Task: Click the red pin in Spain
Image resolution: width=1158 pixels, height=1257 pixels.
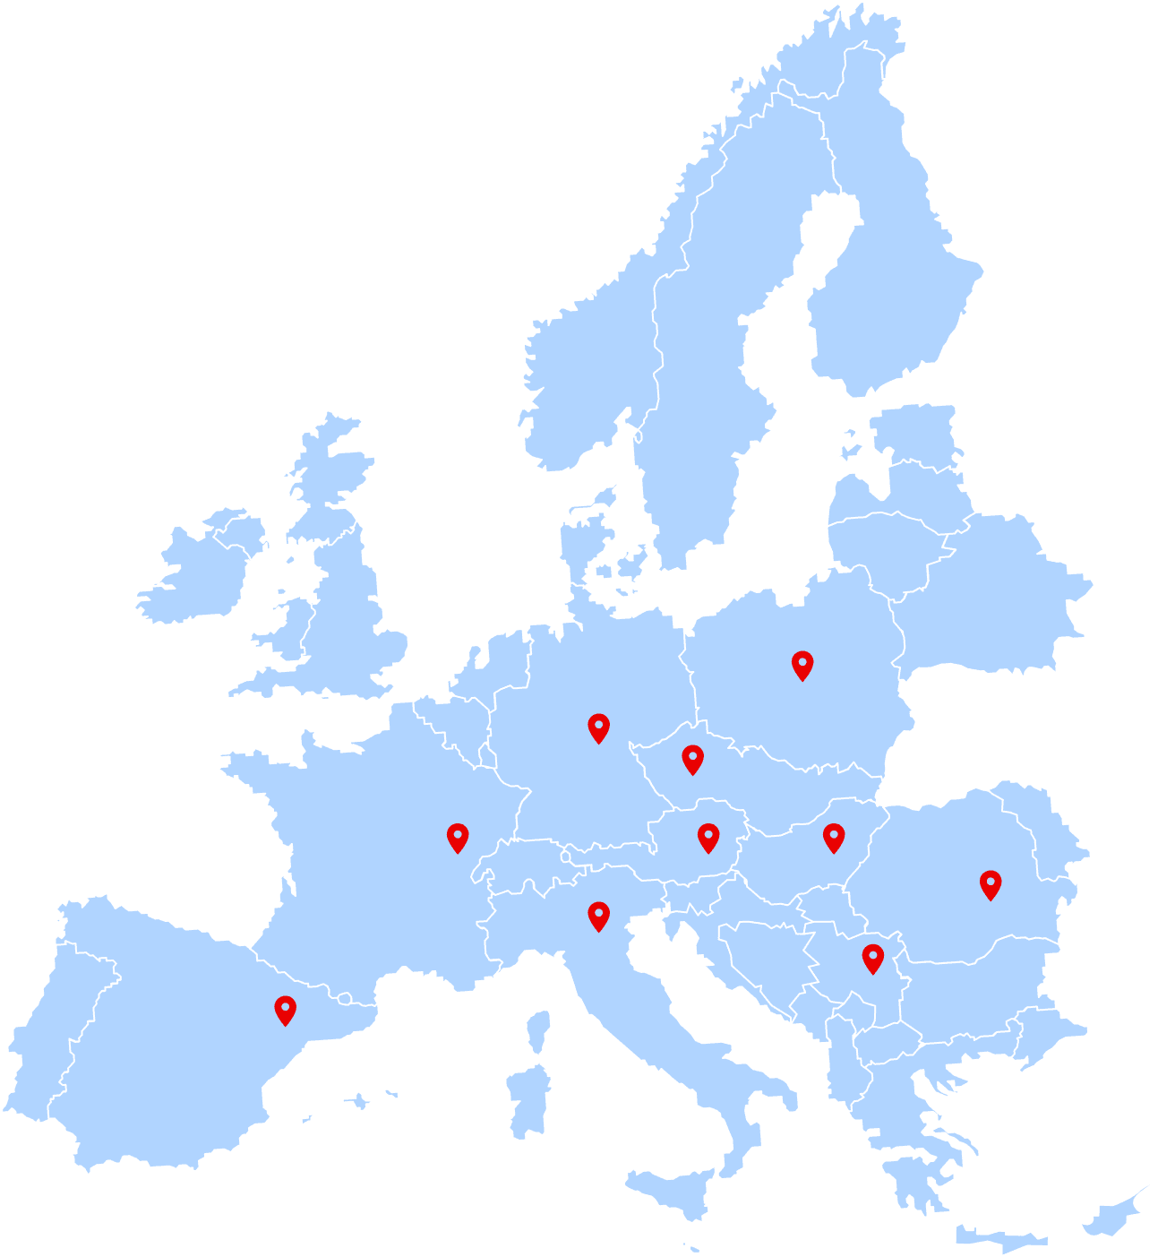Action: (285, 1010)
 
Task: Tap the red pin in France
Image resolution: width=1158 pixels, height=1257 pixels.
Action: (458, 837)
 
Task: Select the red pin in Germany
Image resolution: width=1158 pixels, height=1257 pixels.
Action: (598, 728)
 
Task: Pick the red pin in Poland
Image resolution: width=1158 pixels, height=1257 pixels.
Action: (802, 665)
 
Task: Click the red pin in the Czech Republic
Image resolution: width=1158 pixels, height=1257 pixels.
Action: (692, 759)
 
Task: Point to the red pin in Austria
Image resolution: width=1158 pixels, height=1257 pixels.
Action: (708, 837)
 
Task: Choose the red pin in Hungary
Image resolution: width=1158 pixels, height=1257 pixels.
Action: (834, 837)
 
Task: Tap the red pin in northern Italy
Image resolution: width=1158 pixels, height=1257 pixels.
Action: (598, 916)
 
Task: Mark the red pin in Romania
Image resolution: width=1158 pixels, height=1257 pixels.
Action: (990, 883)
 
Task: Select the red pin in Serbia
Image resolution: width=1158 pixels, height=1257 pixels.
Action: (872, 958)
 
